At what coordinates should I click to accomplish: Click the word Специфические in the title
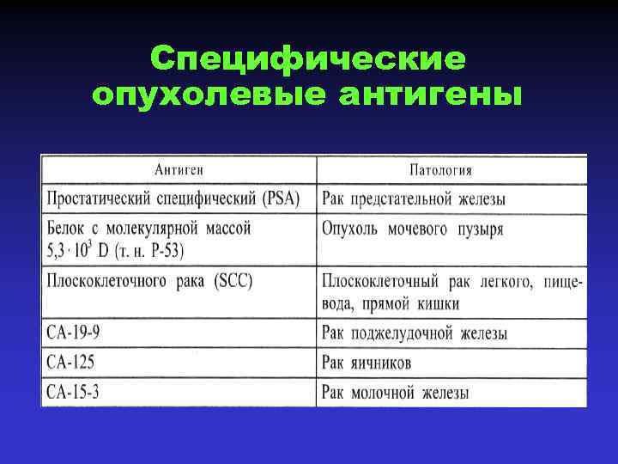pyautogui.click(x=308, y=59)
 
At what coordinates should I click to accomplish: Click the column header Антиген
pyautogui.click(x=179, y=169)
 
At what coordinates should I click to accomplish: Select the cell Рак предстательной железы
pyautogui.click(x=413, y=198)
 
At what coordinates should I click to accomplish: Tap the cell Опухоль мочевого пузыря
pyautogui.click(x=412, y=229)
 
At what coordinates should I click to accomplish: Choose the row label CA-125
pyautogui.click(x=73, y=363)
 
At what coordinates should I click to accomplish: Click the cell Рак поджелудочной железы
pyautogui.click(x=414, y=333)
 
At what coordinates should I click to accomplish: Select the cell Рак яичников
pyautogui.click(x=367, y=363)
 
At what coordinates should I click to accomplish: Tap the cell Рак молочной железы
pyautogui.click(x=395, y=393)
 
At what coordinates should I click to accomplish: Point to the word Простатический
pyautogui.click(x=101, y=198)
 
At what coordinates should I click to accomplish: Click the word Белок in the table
pyautogui.click(x=67, y=229)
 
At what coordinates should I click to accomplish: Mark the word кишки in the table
pyautogui.click(x=439, y=303)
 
